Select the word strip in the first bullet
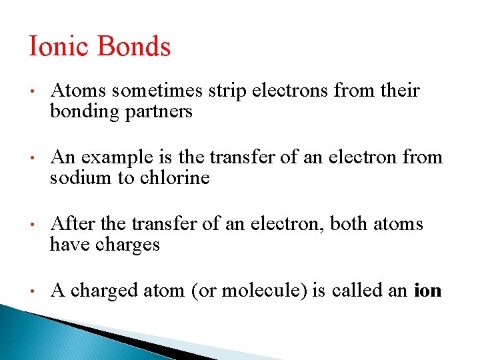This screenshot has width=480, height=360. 231,91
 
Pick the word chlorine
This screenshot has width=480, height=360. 175,178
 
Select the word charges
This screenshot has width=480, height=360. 127,245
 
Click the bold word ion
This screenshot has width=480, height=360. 428,291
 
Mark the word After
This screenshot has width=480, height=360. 69,224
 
